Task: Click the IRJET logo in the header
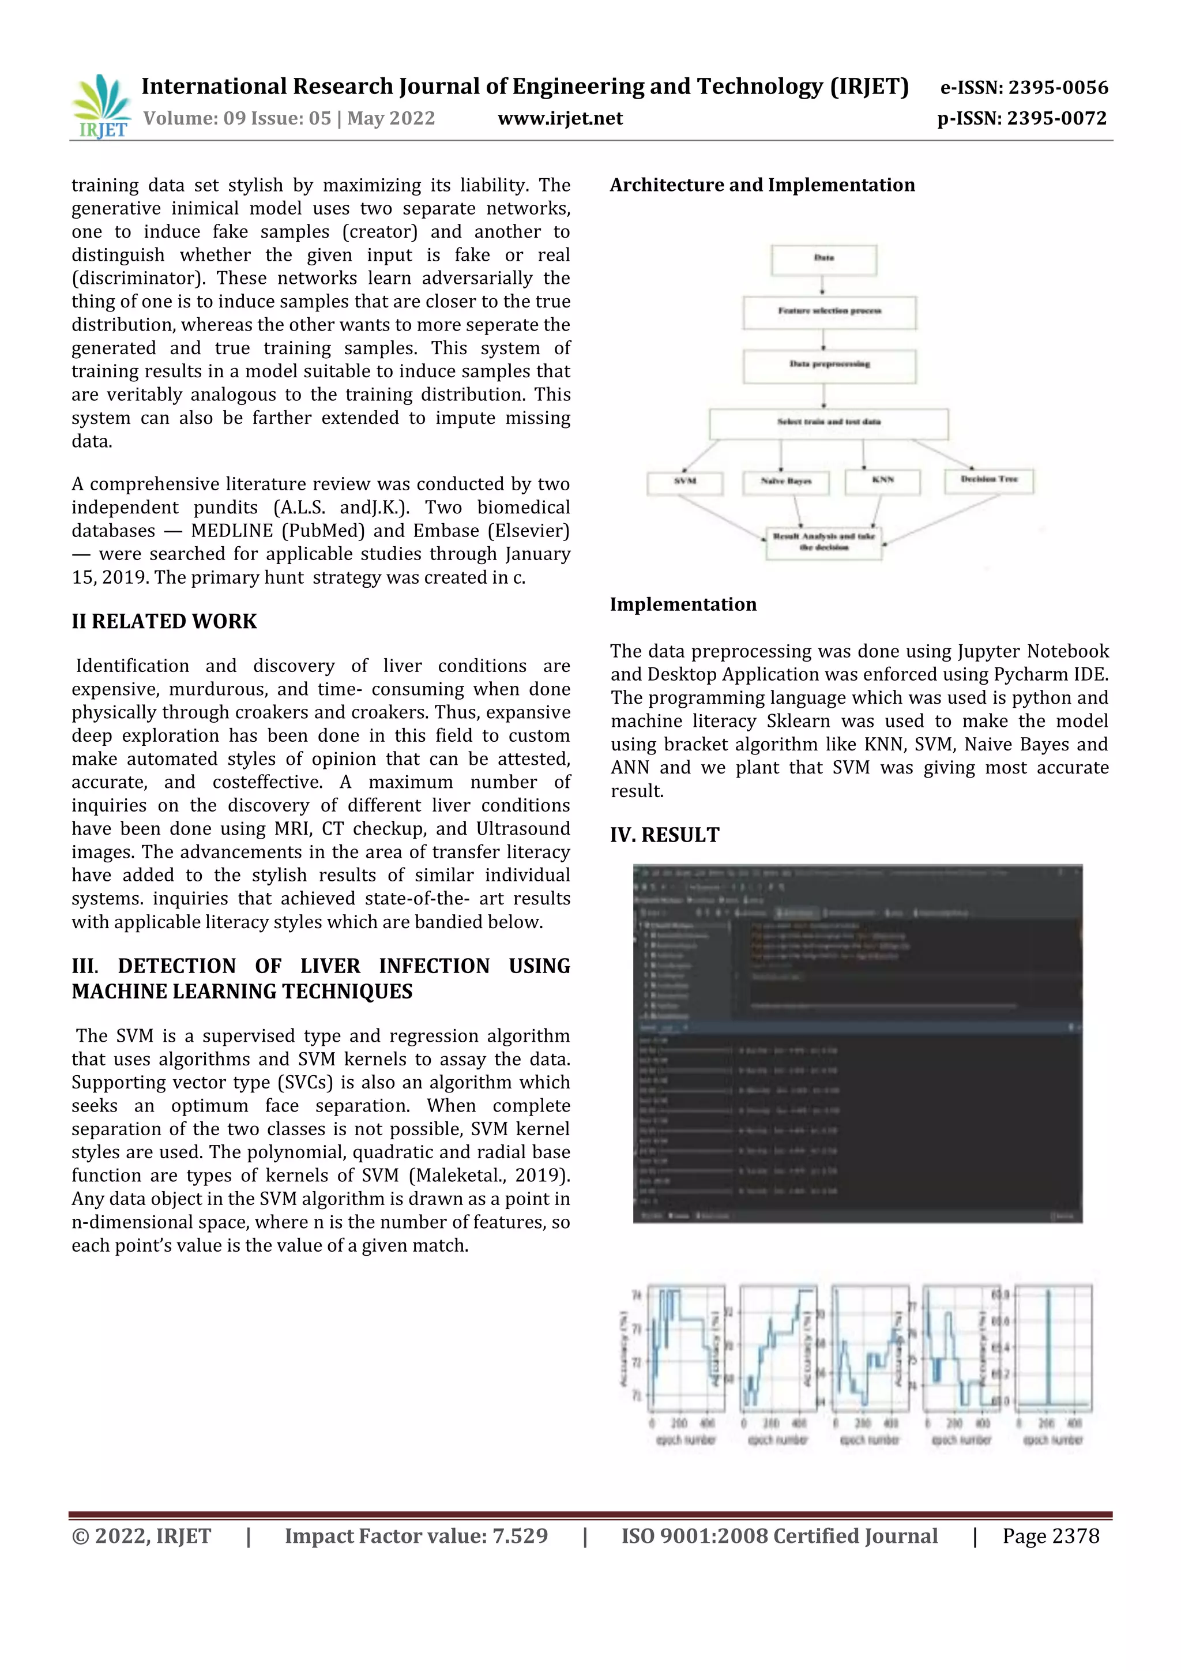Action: point(101,106)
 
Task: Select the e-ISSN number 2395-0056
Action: point(1057,88)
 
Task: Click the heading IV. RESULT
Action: point(664,835)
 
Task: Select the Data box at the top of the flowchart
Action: point(823,259)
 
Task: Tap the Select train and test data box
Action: point(828,423)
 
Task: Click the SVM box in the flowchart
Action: point(684,482)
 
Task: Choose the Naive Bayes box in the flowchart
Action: point(785,482)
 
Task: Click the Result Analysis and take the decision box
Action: point(823,542)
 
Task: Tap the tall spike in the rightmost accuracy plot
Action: point(1048,1346)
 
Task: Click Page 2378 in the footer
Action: point(1050,1535)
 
